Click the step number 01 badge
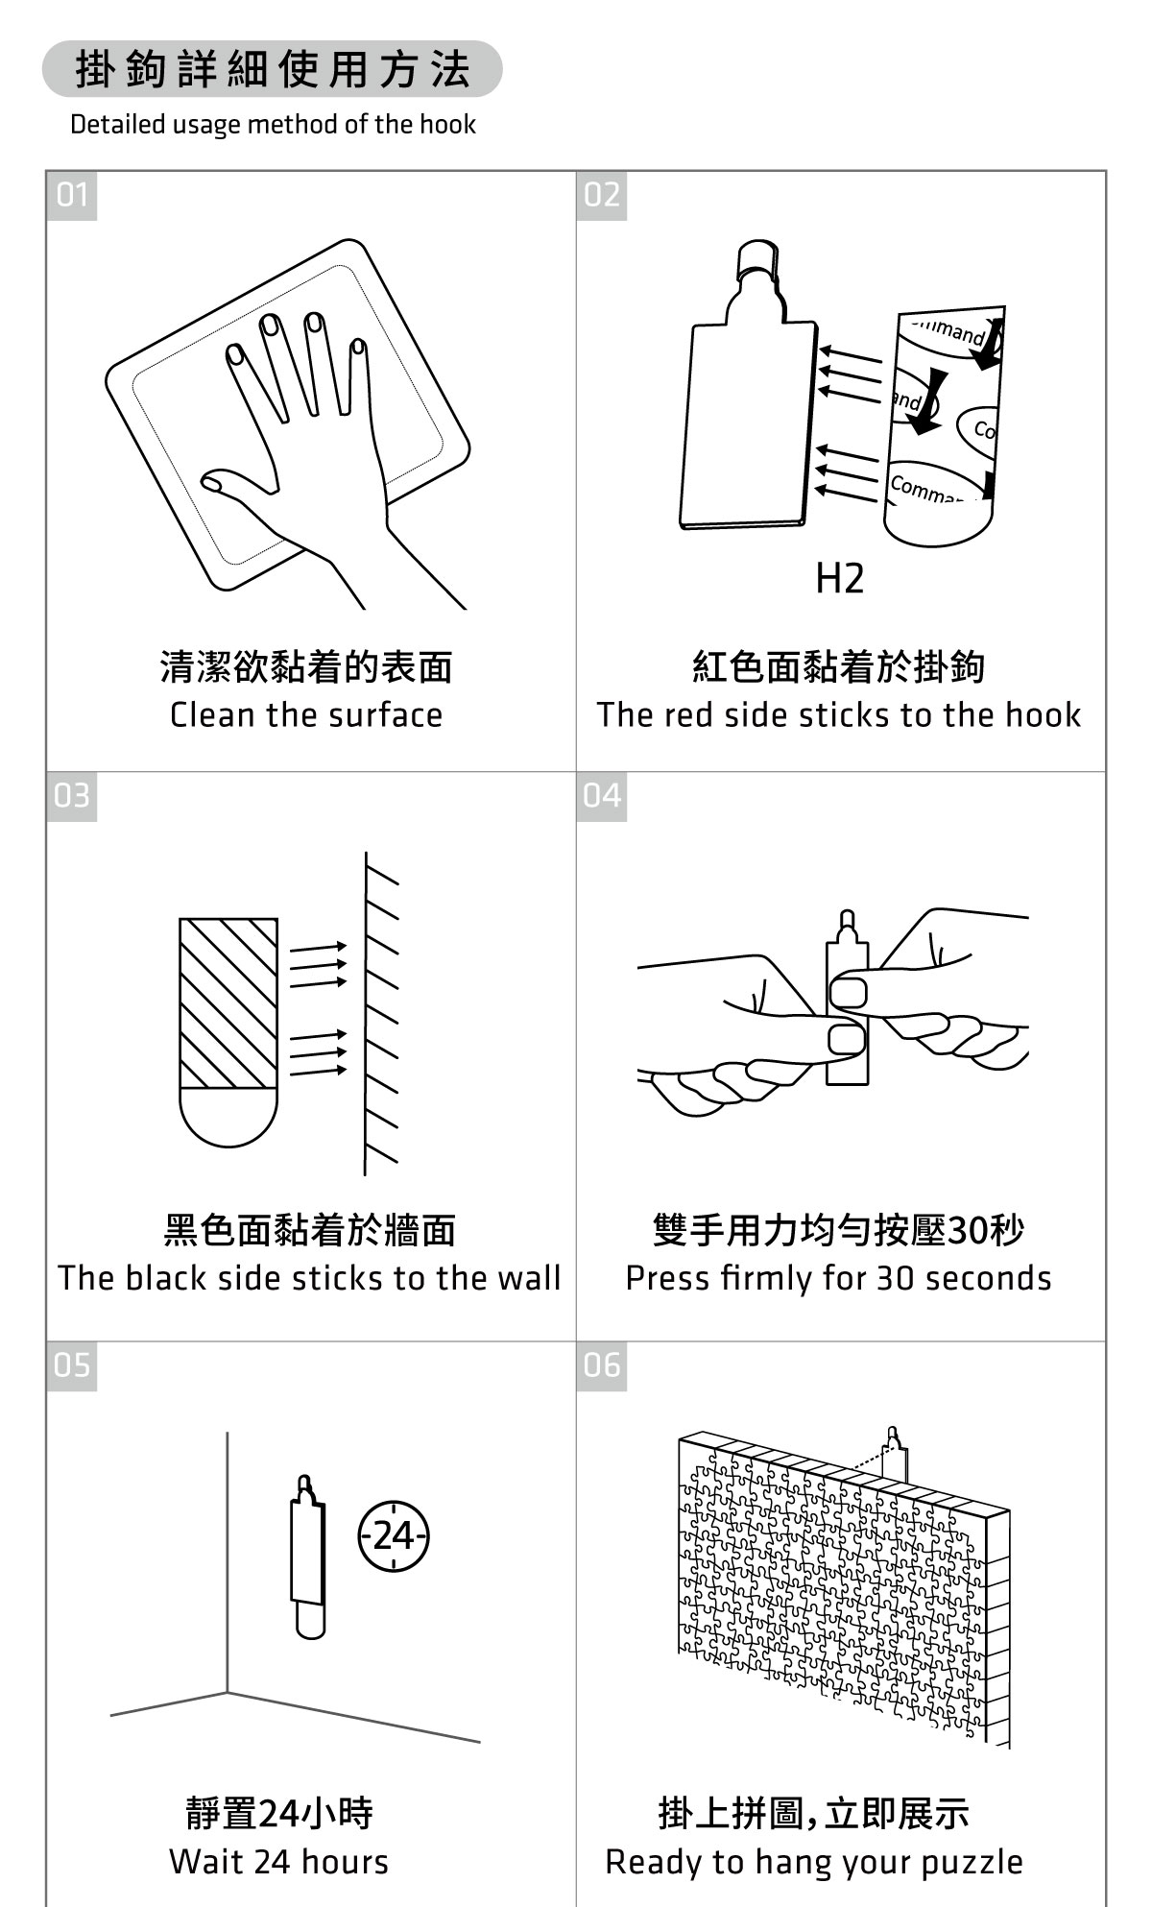coord(72,196)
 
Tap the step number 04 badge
coord(602,796)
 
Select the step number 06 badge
coord(602,1365)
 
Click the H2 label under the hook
coord(839,579)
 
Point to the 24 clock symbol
coord(394,1536)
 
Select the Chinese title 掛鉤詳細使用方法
coord(273,69)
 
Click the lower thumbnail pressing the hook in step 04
coord(845,1039)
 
